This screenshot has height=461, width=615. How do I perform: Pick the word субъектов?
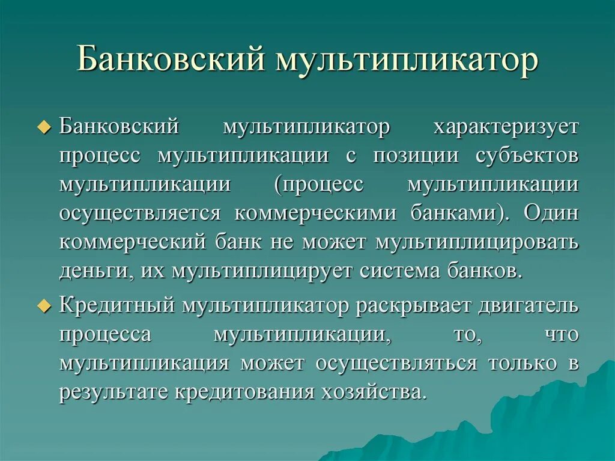click(527, 155)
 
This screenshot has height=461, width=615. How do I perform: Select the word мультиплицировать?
click(478, 242)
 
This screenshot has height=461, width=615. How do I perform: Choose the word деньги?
click(95, 270)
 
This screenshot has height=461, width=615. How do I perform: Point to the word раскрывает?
click(414, 305)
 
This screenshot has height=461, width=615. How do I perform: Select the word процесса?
click(105, 334)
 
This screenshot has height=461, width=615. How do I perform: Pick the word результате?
click(114, 392)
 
